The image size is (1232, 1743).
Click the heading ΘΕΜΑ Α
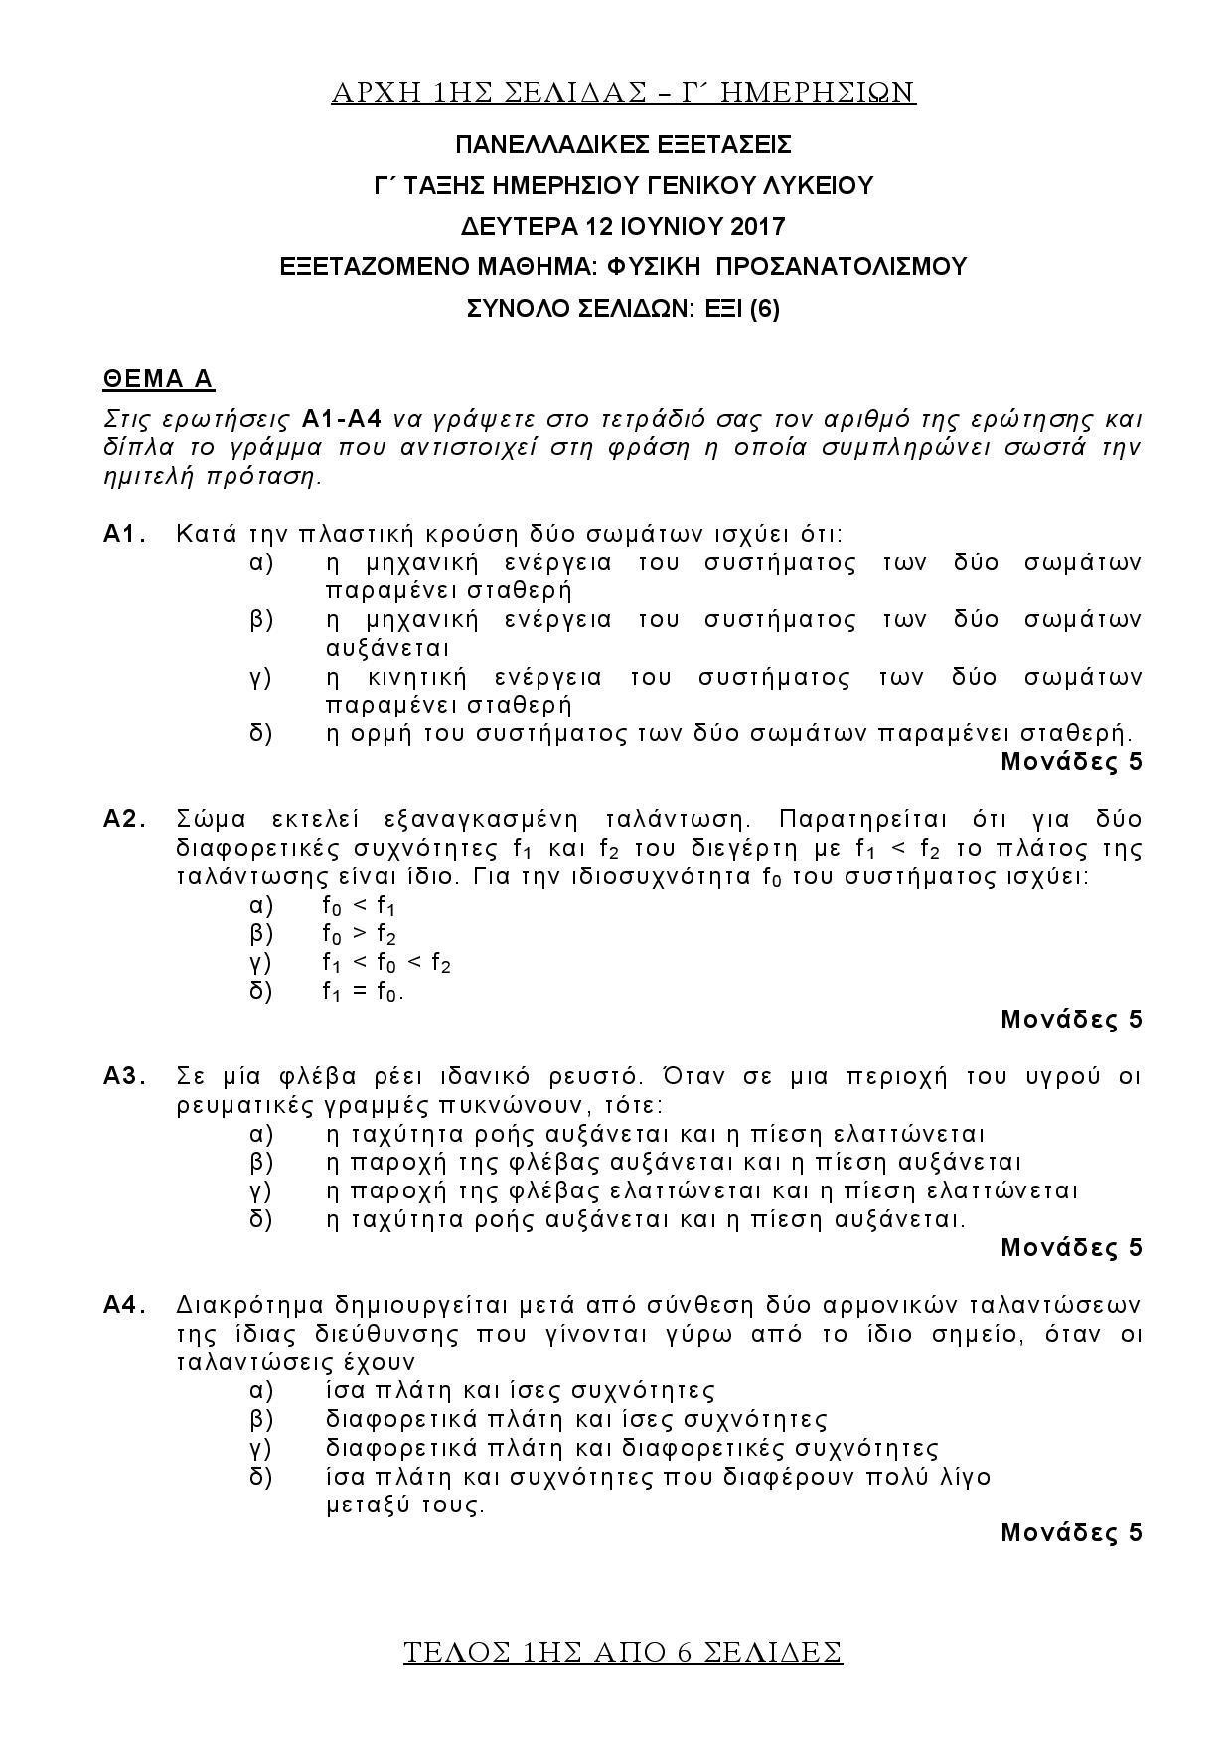(x=159, y=379)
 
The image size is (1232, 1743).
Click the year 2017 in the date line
(x=757, y=226)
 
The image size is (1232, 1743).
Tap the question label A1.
(x=125, y=535)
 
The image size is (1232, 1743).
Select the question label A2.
(x=125, y=820)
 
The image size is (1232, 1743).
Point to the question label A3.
(x=125, y=1076)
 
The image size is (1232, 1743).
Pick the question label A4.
(x=125, y=1304)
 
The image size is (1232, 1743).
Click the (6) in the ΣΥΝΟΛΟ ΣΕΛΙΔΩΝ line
(x=765, y=308)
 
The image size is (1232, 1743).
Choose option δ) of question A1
(x=260, y=734)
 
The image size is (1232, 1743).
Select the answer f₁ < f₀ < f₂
(x=386, y=963)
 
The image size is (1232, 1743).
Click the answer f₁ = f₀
(x=363, y=992)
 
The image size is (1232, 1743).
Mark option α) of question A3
(x=260, y=1134)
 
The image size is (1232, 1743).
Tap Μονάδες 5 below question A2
(x=1071, y=1019)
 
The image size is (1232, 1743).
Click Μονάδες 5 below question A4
(x=1071, y=1532)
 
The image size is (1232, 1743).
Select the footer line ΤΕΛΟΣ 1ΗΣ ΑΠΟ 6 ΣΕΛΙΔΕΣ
(x=623, y=1652)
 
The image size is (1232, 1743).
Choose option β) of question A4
(x=260, y=1419)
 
